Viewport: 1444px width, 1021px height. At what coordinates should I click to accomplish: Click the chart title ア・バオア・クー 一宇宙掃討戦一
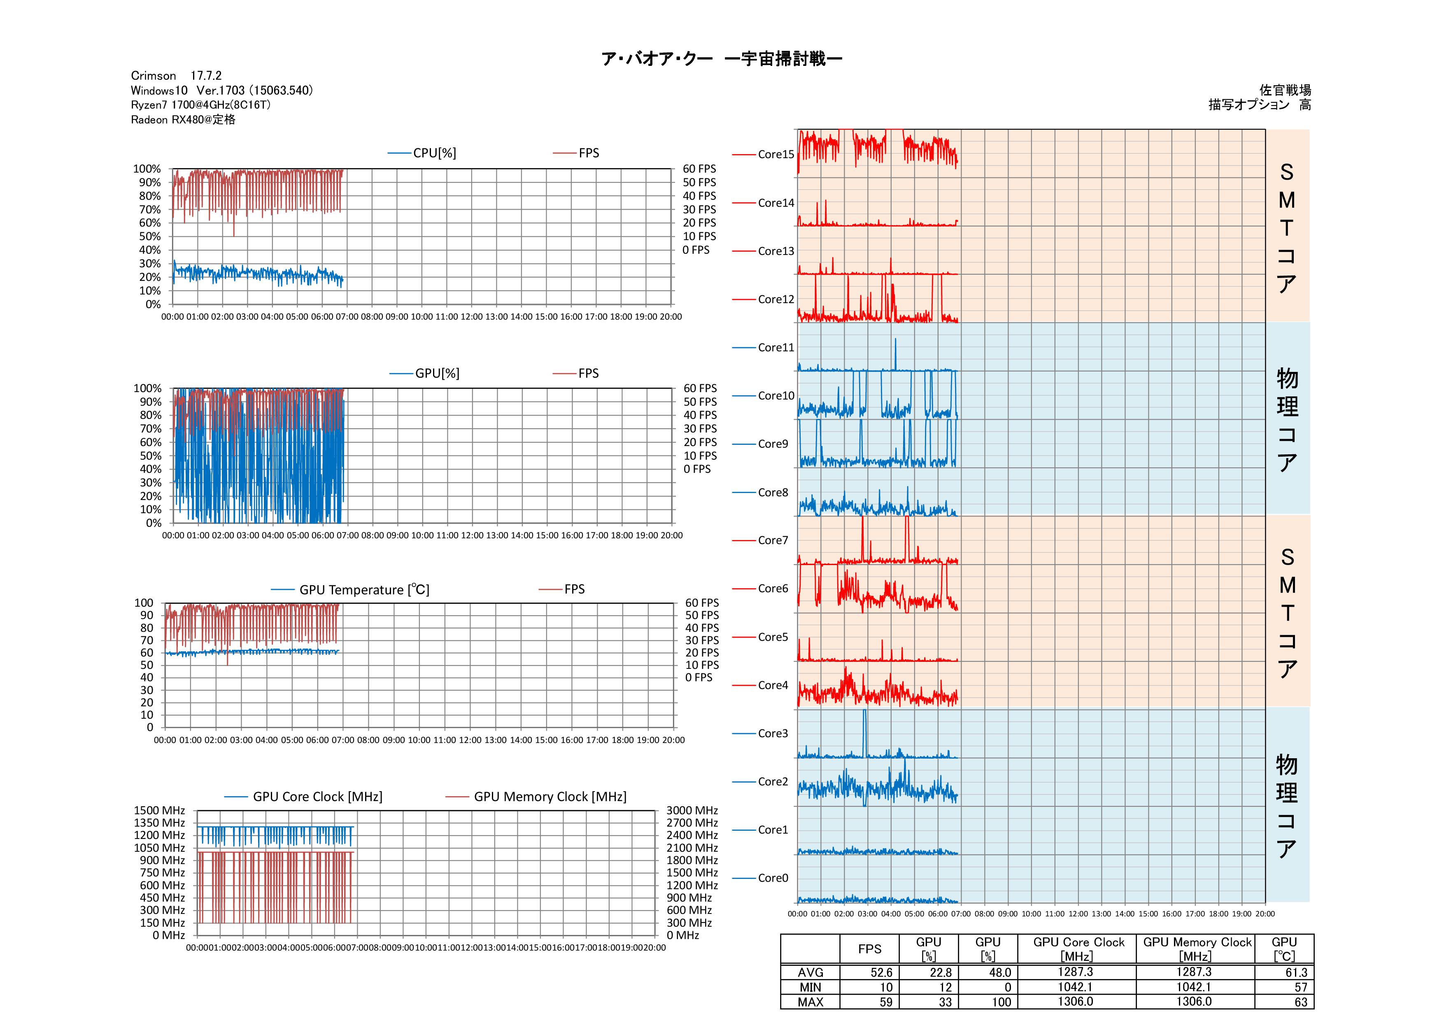tap(721, 59)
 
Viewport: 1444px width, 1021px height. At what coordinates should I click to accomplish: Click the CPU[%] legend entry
tap(434, 153)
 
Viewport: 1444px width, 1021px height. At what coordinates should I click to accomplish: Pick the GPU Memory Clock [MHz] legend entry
tap(550, 797)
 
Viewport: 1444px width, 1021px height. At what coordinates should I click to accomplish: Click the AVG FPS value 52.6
tap(881, 972)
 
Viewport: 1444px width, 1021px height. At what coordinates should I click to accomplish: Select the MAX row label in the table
tap(810, 1002)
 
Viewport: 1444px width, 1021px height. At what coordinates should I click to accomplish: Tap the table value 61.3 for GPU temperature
tap(1296, 972)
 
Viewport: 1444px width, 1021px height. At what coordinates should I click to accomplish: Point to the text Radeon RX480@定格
tap(183, 119)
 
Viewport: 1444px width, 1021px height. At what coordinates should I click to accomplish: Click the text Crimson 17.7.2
tap(176, 75)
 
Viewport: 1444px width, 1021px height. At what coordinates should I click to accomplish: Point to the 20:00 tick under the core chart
tap(1265, 914)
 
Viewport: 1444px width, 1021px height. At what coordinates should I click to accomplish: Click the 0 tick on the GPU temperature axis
tap(150, 728)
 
